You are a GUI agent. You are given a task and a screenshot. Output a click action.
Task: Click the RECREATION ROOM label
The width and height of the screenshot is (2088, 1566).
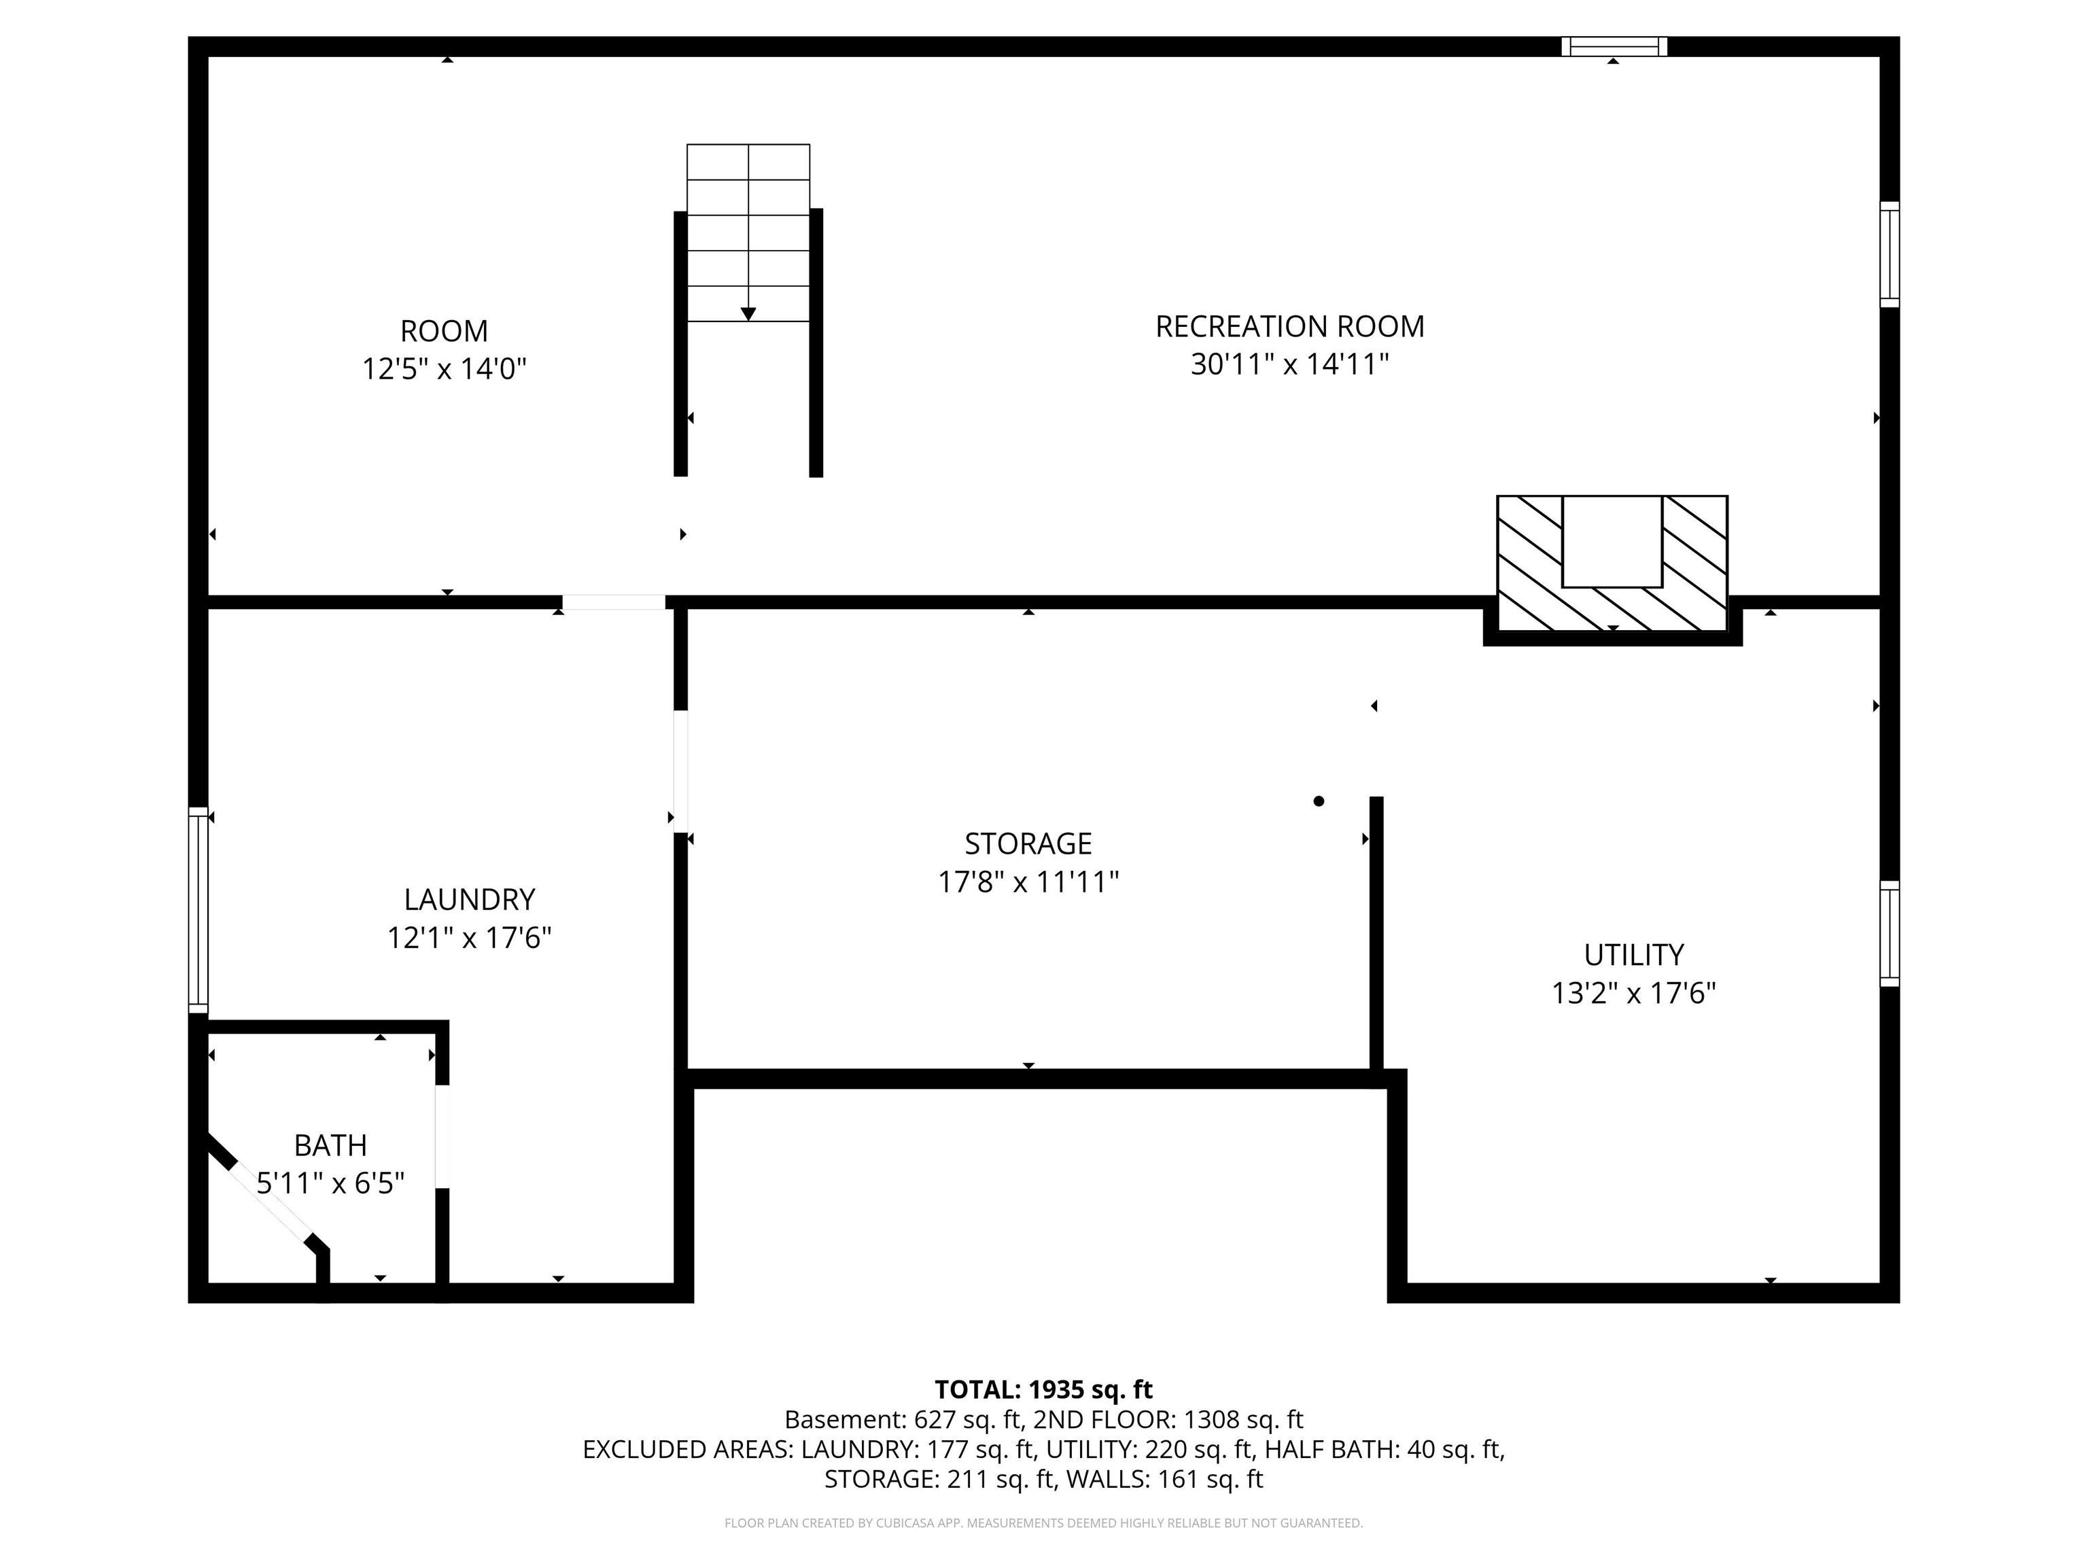click(x=1289, y=327)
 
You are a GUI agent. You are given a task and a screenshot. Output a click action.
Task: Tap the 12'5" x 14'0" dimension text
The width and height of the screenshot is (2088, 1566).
click(x=444, y=368)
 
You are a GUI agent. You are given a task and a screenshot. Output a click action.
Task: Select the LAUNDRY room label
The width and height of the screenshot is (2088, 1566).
click(x=469, y=899)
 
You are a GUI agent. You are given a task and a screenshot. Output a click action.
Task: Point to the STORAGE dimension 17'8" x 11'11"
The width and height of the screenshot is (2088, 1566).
click(x=1028, y=882)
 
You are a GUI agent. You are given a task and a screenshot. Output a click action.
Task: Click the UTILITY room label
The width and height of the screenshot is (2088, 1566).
click(x=1633, y=954)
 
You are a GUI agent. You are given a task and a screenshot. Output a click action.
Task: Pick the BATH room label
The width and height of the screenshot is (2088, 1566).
click(x=330, y=1145)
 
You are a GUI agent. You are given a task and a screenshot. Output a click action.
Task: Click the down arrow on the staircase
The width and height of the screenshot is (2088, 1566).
click(x=748, y=313)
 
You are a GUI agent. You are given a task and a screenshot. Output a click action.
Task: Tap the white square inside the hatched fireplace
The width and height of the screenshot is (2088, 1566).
click(x=1612, y=541)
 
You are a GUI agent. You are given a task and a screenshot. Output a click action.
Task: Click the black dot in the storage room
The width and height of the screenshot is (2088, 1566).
click(x=1319, y=801)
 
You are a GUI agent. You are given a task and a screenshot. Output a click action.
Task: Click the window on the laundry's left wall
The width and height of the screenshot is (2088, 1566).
click(x=197, y=909)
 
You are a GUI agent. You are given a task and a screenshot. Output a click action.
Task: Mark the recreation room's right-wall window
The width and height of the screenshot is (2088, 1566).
click(x=1889, y=254)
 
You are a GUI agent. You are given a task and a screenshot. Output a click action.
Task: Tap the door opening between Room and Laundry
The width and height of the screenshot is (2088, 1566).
click(x=614, y=602)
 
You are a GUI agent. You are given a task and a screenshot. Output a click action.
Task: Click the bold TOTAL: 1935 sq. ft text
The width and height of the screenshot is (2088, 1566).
click(x=1043, y=1389)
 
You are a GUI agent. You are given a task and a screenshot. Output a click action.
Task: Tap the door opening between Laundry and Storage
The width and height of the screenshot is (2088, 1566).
click(x=680, y=770)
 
